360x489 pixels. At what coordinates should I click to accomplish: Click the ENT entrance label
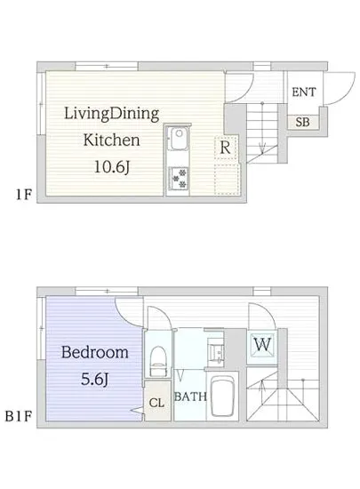click(x=304, y=92)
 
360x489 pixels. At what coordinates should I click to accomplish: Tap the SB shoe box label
click(x=302, y=122)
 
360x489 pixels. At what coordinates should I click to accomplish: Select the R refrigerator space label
click(x=225, y=148)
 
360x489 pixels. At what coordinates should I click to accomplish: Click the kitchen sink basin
click(x=178, y=139)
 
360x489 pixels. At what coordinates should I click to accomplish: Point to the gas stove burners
click(x=178, y=178)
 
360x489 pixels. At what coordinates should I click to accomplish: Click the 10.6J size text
click(x=112, y=167)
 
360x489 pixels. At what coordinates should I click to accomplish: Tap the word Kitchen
click(x=111, y=140)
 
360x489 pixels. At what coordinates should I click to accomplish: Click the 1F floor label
click(x=24, y=195)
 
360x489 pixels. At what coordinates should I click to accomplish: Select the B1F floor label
click(x=18, y=416)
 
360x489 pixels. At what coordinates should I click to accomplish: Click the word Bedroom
click(x=95, y=352)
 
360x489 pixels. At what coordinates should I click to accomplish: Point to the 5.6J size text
click(x=94, y=380)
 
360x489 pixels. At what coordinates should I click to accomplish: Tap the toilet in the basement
click(x=158, y=362)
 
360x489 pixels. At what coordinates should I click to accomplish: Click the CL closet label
click(x=156, y=403)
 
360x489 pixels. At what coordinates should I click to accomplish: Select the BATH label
click(x=190, y=397)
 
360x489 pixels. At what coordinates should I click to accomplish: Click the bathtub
click(x=222, y=396)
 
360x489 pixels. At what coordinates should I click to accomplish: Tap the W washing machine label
click(x=262, y=344)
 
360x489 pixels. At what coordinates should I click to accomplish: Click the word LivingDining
click(x=112, y=114)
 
